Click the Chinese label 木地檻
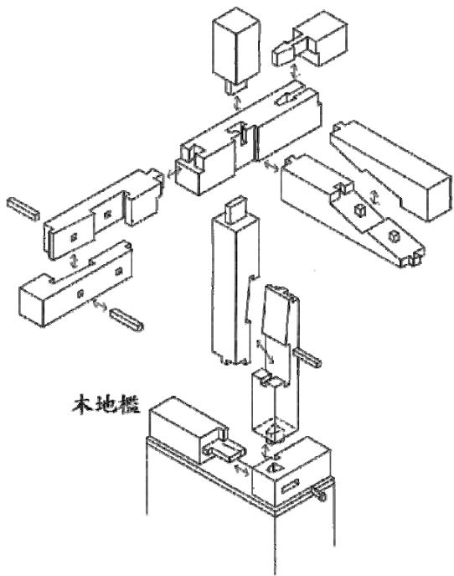(106, 404)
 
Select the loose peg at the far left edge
(23, 208)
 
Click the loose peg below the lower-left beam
(127, 319)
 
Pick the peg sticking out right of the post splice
(307, 357)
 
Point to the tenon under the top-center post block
(235, 86)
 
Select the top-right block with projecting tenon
(311, 42)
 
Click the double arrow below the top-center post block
(237, 103)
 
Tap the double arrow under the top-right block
(294, 71)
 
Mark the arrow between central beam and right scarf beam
(271, 165)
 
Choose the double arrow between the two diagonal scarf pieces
(374, 198)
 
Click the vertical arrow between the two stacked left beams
(74, 260)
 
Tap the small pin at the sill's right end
(318, 492)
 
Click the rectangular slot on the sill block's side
(291, 486)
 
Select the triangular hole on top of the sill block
(272, 467)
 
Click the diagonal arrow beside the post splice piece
(265, 351)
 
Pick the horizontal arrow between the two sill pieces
(242, 470)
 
